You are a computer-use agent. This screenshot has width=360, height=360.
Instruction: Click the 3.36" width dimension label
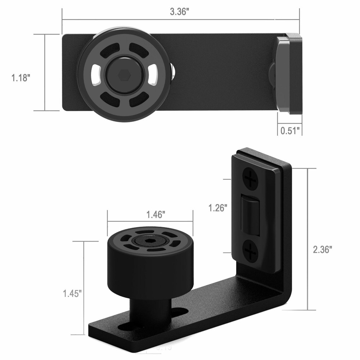(x=180, y=12)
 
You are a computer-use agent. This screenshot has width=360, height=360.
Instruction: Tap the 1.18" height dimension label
(x=20, y=77)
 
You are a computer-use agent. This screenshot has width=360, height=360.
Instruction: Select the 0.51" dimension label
(x=290, y=130)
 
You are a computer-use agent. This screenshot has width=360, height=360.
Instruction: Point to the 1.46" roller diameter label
(x=156, y=215)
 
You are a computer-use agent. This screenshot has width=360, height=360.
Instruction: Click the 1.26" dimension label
(x=218, y=208)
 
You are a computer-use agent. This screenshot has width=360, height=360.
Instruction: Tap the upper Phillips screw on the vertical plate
(x=251, y=178)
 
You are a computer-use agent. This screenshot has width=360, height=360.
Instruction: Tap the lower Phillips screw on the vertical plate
(x=250, y=251)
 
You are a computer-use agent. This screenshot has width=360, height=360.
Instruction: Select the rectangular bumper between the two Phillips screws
(x=251, y=214)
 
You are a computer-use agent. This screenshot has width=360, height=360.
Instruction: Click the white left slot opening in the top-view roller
(x=95, y=74)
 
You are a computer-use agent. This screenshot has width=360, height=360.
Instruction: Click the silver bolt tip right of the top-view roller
(x=174, y=72)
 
